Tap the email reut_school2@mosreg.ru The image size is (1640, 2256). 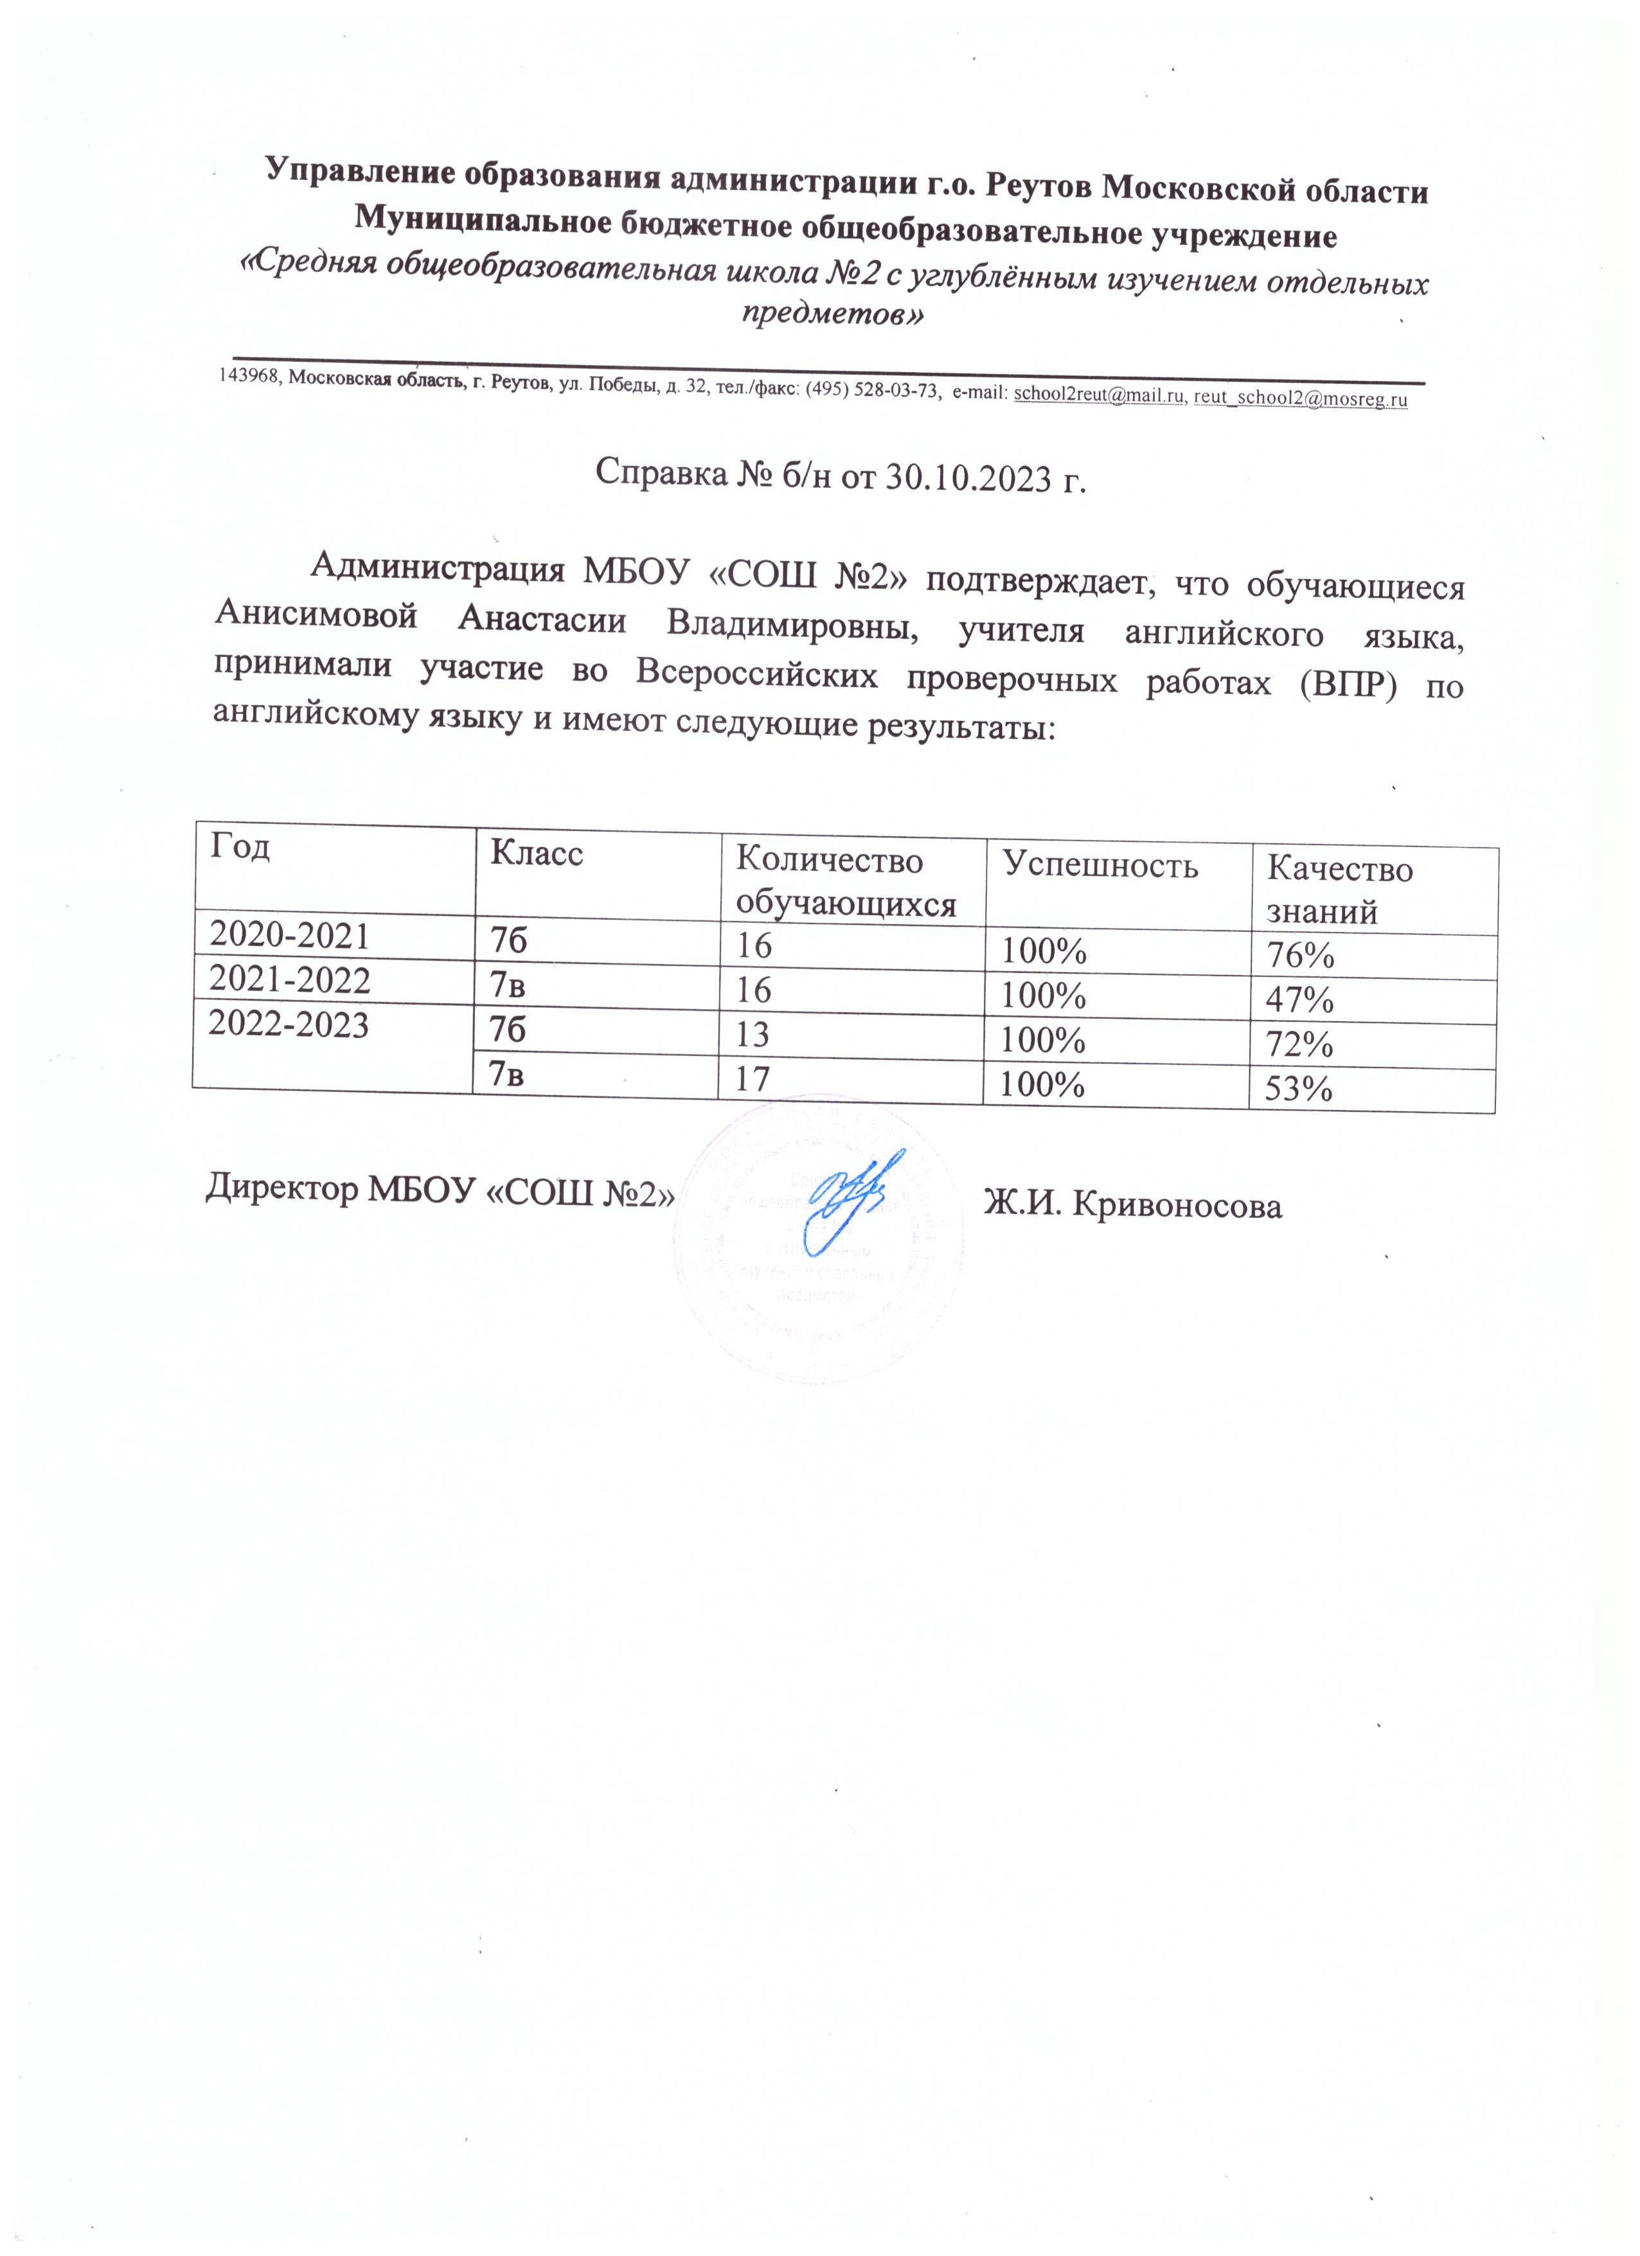click(x=1300, y=399)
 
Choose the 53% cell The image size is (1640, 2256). click(x=1299, y=1090)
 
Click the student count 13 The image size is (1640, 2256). click(x=753, y=1035)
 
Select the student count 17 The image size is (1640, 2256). click(x=753, y=1079)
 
